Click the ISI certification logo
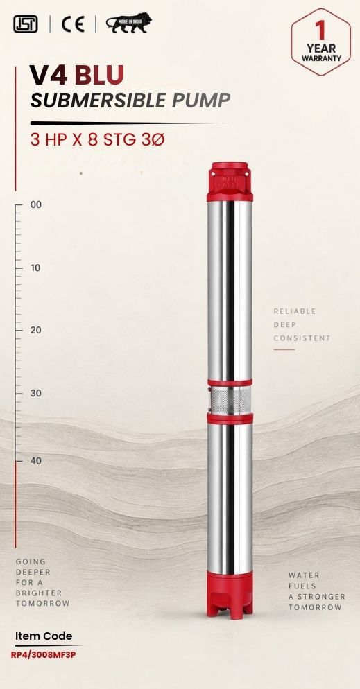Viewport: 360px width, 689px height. point(26,24)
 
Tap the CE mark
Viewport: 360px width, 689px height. point(73,24)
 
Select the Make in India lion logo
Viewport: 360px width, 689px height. point(129,24)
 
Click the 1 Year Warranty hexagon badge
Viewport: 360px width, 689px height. point(321,42)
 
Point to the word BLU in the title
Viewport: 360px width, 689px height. point(99,75)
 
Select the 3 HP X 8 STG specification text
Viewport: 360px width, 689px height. point(85,140)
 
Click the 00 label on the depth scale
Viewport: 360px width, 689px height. point(36,204)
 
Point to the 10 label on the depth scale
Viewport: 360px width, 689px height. point(35,268)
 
